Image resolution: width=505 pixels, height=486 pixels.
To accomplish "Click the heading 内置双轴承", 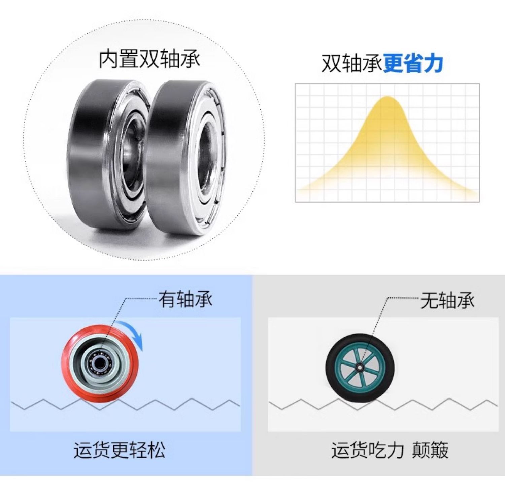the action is (x=149, y=60).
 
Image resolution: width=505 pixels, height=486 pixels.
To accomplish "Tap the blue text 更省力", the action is (x=413, y=64).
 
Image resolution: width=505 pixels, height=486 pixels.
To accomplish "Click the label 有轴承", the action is (x=186, y=299).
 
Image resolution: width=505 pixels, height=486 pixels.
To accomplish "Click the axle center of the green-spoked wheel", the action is (x=360, y=367).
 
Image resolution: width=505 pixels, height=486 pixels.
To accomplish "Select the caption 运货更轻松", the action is (x=120, y=450).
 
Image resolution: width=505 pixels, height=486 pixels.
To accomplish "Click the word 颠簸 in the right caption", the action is (x=431, y=450).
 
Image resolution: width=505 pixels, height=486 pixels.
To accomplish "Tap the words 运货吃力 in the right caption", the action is (x=367, y=450).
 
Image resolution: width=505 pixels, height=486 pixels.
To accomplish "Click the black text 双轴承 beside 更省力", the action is (x=352, y=64).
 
